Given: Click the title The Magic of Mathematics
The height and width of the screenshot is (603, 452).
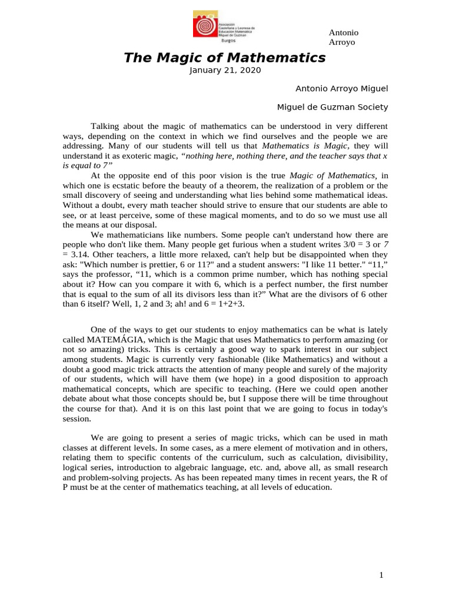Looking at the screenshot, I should (224, 58).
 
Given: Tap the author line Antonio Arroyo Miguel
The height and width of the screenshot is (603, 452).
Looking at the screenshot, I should (341, 88).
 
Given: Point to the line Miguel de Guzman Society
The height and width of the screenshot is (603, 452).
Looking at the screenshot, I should (333, 107).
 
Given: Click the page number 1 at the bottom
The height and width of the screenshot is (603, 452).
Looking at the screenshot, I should (381, 575).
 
